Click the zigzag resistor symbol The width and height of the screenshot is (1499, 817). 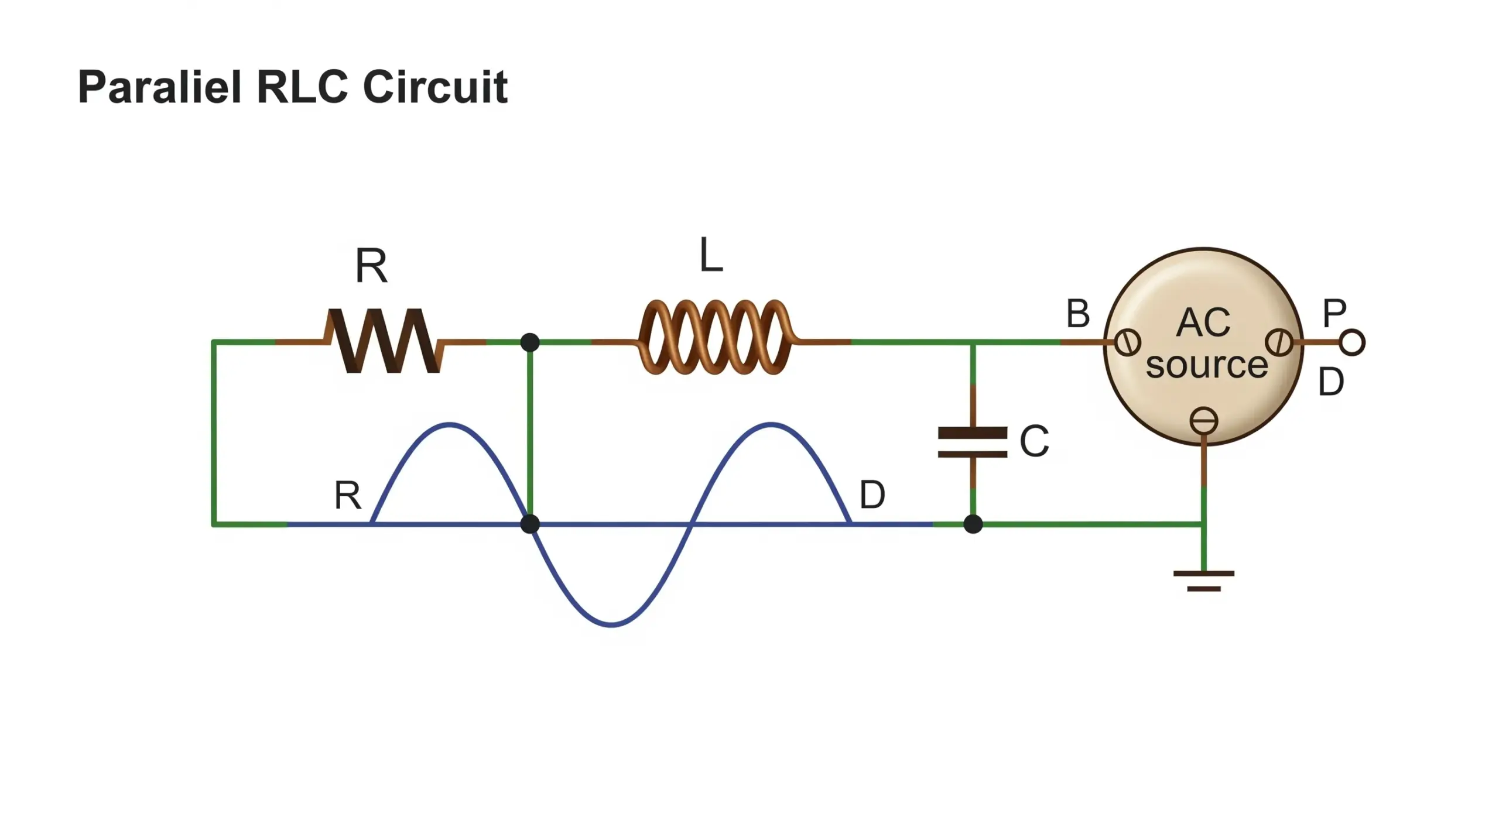384,341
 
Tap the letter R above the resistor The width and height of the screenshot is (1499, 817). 371,266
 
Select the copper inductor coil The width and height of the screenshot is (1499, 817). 715,338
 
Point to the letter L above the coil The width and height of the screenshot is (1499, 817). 711,256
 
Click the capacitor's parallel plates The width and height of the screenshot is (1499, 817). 973,442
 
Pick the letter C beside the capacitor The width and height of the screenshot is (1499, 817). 1034,441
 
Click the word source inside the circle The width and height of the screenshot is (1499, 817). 1206,365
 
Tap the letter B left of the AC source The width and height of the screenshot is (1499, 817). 1078,314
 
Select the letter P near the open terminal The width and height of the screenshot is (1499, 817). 1334,314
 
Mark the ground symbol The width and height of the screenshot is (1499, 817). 1204,581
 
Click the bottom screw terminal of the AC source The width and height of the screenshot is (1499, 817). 1204,421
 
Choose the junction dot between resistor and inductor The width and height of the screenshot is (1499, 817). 530,342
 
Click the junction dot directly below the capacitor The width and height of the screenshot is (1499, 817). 973,524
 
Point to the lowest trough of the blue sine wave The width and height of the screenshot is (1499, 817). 612,624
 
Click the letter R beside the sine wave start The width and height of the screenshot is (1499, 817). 348,495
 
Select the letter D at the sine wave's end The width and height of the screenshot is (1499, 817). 872,495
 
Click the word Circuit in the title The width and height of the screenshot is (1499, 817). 435,88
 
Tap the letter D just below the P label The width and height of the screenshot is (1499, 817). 1330,382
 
